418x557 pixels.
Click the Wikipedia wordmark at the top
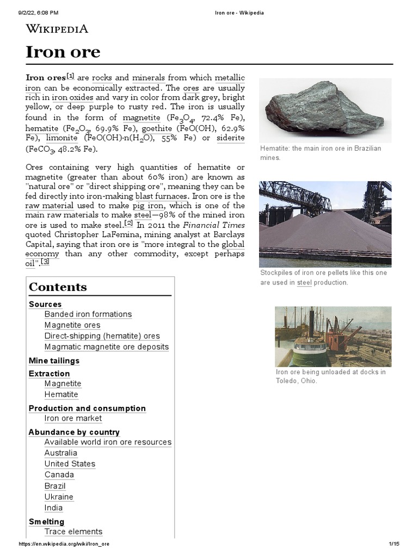(x=57, y=29)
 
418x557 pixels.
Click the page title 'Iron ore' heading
(x=63, y=52)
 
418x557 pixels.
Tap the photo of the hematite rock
(x=325, y=110)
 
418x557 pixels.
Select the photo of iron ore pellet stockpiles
(x=325, y=223)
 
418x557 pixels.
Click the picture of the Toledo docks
(x=333, y=336)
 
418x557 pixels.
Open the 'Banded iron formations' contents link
(x=88, y=314)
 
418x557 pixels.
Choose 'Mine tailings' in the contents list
(x=54, y=361)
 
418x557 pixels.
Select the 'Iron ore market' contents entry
(x=73, y=418)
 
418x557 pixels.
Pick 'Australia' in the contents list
(x=60, y=453)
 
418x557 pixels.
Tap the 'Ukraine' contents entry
(x=59, y=497)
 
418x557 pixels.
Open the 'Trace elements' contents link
(x=73, y=531)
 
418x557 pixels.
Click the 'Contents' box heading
(x=58, y=287)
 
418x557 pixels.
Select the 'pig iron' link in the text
(x=149, y=206)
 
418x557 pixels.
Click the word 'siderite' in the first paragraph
(x=230, y=138)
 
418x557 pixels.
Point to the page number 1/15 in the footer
(x=394, y=544)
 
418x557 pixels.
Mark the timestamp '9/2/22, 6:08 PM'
(x=40, y=13)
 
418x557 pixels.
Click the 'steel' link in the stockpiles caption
(x=304, y=283)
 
